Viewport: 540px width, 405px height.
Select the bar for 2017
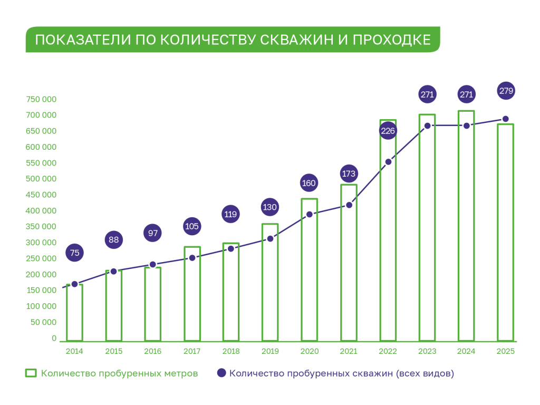pos(192,295)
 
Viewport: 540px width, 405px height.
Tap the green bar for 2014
pos(74,314)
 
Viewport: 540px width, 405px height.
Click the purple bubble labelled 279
pos(506,91)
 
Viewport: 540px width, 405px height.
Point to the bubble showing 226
pos(388,131)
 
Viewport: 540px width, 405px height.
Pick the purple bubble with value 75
pos(74,253)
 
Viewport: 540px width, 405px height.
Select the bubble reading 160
pos(310,184)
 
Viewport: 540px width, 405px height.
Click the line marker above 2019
pos(270,238)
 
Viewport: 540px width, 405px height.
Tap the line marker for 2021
pos(349,205)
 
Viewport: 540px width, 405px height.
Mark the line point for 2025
pos(506,119)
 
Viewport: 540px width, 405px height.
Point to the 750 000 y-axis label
pos(41,99)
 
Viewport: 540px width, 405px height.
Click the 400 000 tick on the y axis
pos(41,211)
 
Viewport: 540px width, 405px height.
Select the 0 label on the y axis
pos(54,338)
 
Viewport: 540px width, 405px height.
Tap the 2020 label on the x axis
pos(310,351)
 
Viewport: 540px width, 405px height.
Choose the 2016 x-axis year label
pos(153,351)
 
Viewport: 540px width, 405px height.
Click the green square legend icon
pos(31,373)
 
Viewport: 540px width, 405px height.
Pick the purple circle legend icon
pos(221,373)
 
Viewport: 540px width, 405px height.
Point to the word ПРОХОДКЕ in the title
pos(390,40)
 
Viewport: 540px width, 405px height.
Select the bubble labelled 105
pos(192,227)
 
